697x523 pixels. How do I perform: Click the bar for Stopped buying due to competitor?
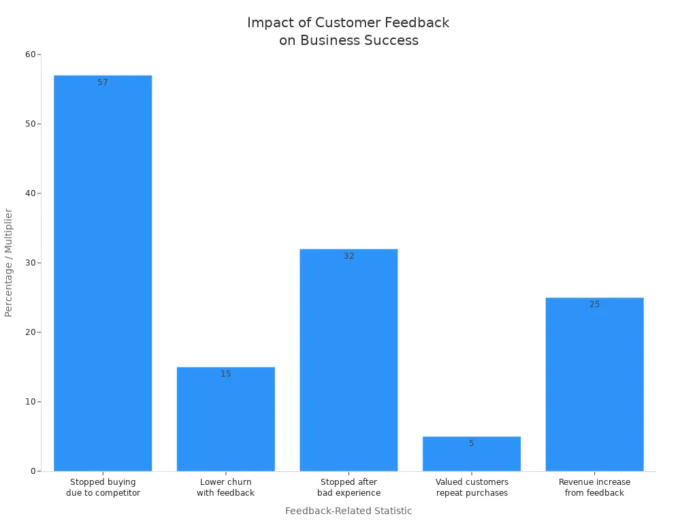pyautogui.click(x=103, y=272)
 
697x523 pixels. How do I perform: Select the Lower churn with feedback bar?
pyautogui.click(x=225, y=419)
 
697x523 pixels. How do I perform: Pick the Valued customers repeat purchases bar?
pyautogui.click(x=472, y=455)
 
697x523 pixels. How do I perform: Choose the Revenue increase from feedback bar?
pyautogui.click(x=594, y=384)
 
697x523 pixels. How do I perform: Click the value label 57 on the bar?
pyautogui.click(x=103, y=82)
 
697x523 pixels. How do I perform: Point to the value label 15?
pyautogui.click(x=225, y=374)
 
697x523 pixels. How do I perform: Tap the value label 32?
pyautogui.click(x=348, y=256)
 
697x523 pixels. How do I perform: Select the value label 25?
pyautogui.click(x=594, y=304)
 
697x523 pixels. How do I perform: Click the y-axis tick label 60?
pyautogui.click(x=30, y=54)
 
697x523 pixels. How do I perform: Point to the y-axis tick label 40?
pyautogui.click(x=30, y=193)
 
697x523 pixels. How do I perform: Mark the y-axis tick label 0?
pyautogui.click(x=33, y=471)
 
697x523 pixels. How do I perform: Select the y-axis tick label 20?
pyautogui.click(x=30, y=332)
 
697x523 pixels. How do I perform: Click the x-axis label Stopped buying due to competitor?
pyautogui.click(x=103, y=488)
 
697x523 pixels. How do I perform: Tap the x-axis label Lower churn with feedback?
pyautogui.click(x=225, y=488)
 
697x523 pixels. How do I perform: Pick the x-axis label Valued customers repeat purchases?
pyautogui.click(x=472, y=488)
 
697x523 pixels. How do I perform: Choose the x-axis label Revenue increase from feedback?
pyautogui.click(x=594, y=488)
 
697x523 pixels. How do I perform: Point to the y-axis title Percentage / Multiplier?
pyautogui.click(x=9, y=262)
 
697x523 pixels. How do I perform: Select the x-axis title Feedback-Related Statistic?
pyautogui.click(x=348, y=511)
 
